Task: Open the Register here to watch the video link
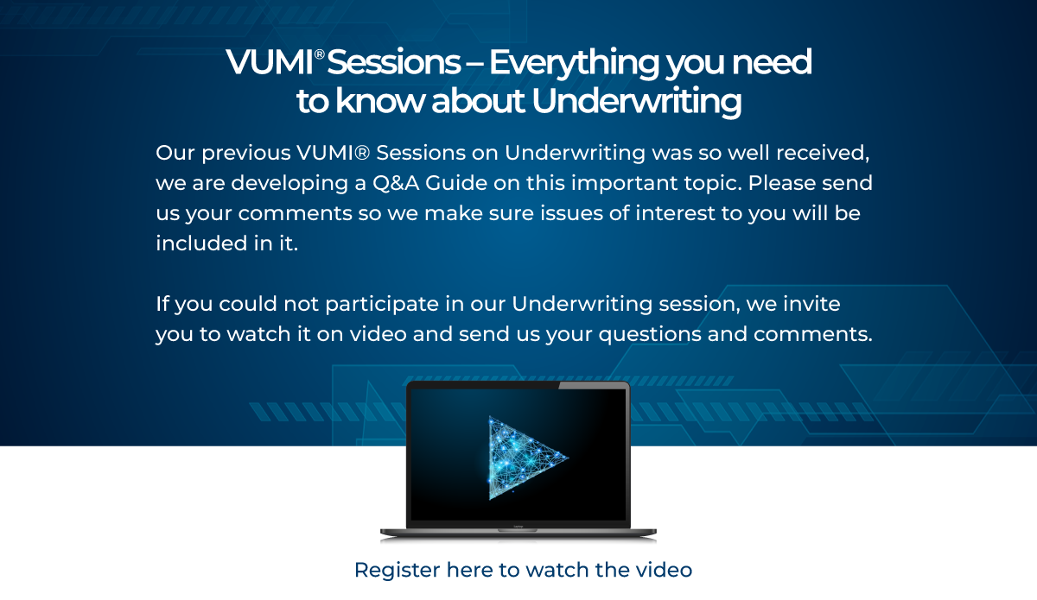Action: [x=523, y=570]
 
